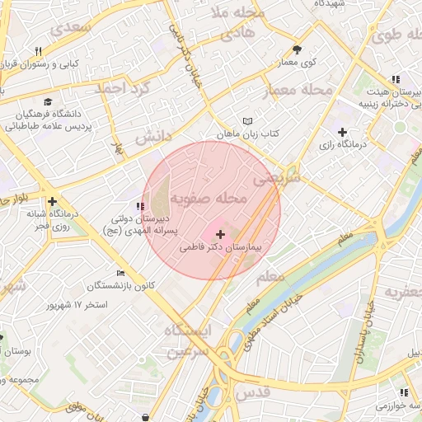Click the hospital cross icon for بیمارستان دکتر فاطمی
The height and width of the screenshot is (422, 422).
[220, 235]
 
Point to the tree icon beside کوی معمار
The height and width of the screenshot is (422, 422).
[298, 49]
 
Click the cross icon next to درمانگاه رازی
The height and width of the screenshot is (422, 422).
[343, 132]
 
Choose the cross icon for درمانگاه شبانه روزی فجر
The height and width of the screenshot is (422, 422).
[52, 201]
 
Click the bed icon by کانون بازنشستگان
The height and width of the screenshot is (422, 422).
[122, 273]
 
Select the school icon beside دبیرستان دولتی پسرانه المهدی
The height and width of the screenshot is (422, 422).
[138, 206]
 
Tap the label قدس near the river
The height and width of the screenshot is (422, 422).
[253, 394]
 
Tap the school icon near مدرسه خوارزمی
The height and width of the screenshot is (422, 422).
[404, 393]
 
